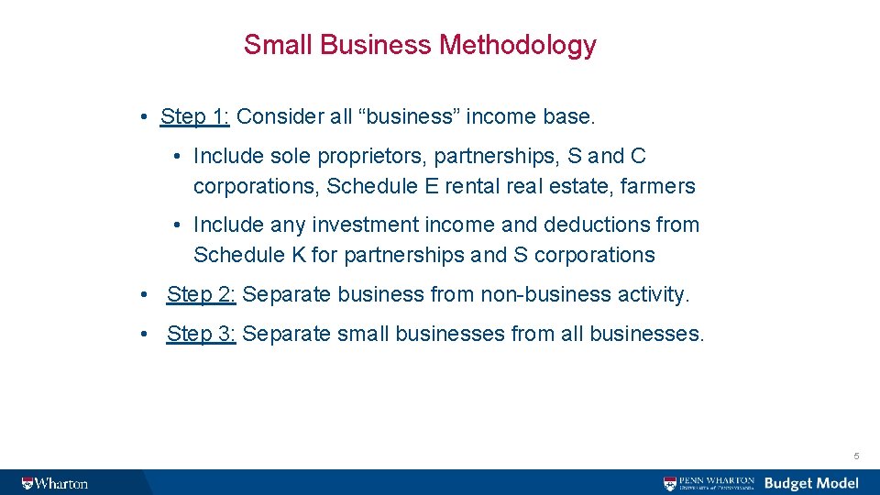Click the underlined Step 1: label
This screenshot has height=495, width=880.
[x=195, y=116]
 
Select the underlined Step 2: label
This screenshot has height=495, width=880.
[x=202, y=294]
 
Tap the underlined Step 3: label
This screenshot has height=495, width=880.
[x=202, y=334]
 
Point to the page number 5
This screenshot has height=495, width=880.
[x=856, y=456]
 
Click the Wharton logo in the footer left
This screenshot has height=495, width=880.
[x=55, y=483]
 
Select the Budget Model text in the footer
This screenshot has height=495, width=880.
[x=811, y=483]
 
